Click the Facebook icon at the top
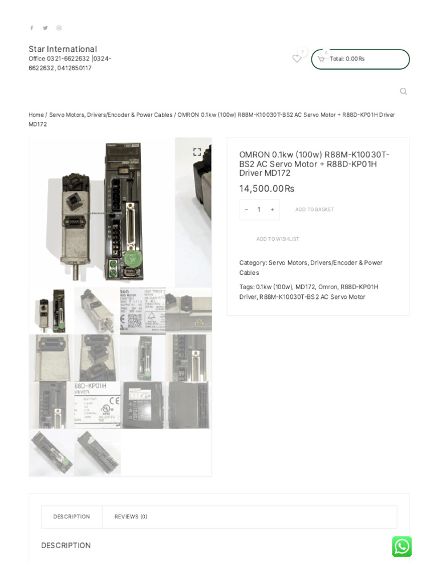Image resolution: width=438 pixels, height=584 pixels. pos(31,28)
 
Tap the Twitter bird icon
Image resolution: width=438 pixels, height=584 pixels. pos(45,28)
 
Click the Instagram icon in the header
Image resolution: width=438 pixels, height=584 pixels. pos(59,28)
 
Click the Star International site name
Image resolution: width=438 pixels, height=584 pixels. pos(63,49)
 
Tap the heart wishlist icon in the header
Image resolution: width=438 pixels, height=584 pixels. pos(297,58)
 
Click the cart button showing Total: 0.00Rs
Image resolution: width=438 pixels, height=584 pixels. pos(360,59)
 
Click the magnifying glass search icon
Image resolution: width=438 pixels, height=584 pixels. pos(403,91)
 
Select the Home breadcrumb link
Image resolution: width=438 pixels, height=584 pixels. pos(36,115)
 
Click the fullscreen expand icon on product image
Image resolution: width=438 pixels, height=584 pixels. pos(197,152)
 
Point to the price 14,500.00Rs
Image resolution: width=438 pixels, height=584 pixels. pos(266,189)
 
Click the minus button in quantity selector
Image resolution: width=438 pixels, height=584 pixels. pos(246,210)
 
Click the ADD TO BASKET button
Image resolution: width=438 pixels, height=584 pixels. pos(314,210)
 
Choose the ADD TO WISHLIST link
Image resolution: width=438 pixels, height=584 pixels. pos(277,239)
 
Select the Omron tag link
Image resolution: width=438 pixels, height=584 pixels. pos(328,287)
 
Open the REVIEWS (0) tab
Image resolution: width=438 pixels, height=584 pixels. pos(131,517)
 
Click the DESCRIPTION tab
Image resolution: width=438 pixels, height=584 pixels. pos(71,517)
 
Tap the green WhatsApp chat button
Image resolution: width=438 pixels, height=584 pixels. pos(401,546)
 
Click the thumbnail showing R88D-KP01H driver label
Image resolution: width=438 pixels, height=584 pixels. pos(98,405)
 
